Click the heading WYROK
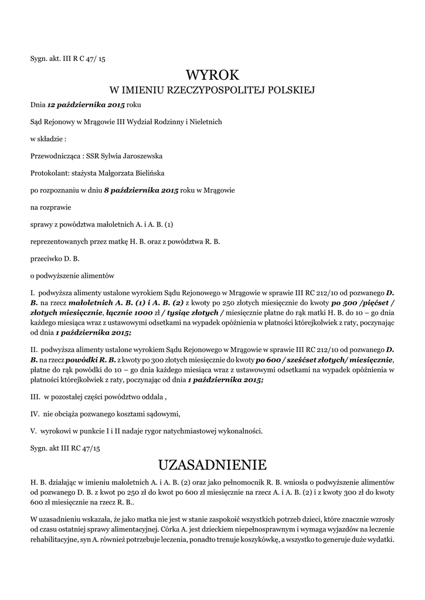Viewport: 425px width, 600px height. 212,75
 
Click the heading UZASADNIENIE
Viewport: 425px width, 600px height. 212,465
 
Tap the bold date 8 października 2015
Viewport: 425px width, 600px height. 141,191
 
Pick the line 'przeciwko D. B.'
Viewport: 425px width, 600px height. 55,258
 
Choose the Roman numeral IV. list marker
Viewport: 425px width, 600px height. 35,414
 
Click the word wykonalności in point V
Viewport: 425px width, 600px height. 242,431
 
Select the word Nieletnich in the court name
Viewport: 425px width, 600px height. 203,122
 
